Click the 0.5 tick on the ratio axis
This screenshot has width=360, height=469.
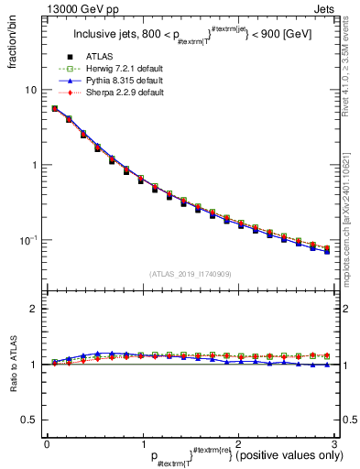tap(29, 420)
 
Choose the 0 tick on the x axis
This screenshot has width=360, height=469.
tap(47, 444)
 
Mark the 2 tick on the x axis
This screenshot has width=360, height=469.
tap(238, 444)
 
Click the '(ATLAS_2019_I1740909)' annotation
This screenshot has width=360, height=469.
tap(190, 274)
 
